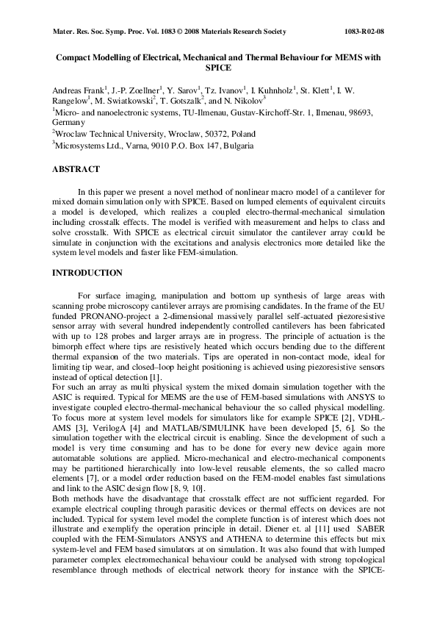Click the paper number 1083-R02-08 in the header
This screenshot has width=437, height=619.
tap(364, 32)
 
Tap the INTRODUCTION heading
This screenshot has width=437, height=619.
tap(87, 273)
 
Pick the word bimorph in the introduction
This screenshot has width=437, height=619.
tap(68, 346)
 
